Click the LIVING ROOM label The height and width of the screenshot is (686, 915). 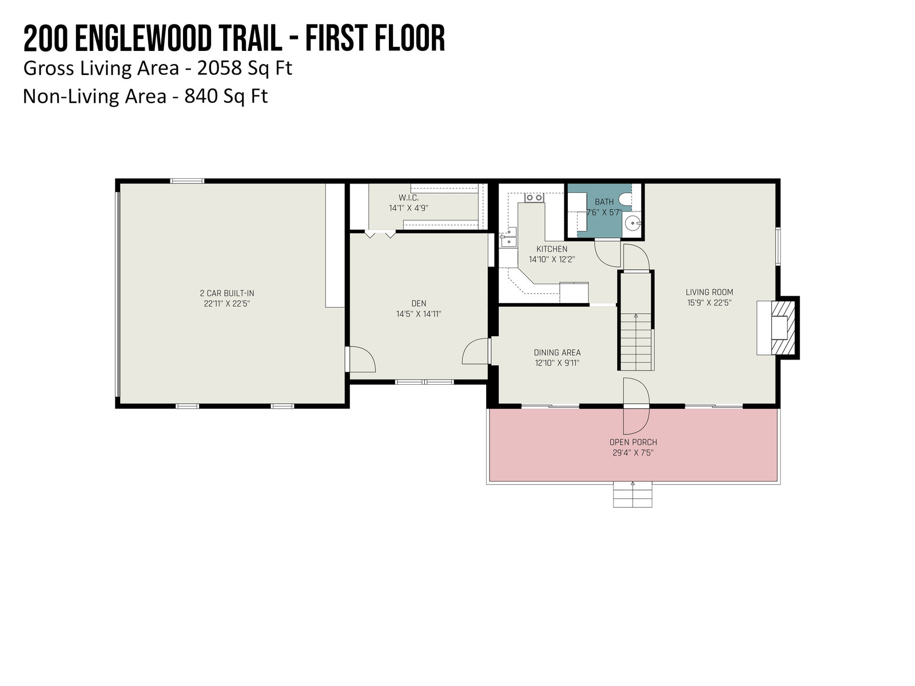click(x=709, y=292)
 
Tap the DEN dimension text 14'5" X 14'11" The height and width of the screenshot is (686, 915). click(x=419, y=314)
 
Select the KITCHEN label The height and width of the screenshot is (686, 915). click(x=551, y=249)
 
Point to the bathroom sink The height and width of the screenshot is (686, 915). click(x=632, y=224)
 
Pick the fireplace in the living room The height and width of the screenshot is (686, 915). click(x=778, y=328)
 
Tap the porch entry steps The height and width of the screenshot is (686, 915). click(x=632, y=494)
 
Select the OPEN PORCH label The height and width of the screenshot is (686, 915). click(x=633, y=442)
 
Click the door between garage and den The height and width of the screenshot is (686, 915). click(x=361, y=359)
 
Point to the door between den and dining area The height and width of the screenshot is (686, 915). click(x=476, y=351)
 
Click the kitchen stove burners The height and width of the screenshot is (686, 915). click(x=534, y=197)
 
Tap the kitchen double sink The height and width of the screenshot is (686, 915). click(x=508, y=237)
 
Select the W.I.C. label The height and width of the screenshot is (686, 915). click(x=408, y=197)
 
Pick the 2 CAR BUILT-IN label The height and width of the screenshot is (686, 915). click(x=227, y=293)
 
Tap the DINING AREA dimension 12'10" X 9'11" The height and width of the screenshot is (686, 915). click(x=557, y=363)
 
